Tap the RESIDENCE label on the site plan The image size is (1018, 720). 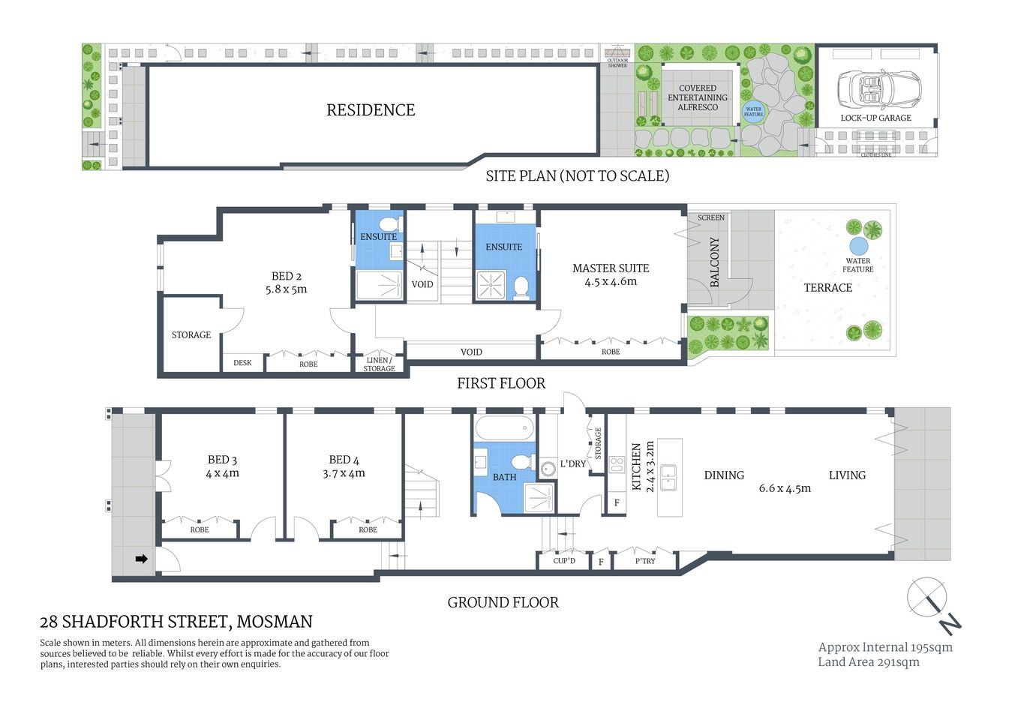click(371, 110)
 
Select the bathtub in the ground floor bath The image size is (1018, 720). click(504, 428)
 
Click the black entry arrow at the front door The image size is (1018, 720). click(140, 559)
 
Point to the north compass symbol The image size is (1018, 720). click(932, 603)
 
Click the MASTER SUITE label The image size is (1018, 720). click(611, 268)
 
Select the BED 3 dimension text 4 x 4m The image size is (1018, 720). click(223, 473)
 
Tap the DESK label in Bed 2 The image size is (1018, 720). click(242, 363)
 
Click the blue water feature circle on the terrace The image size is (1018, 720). click(858, 246)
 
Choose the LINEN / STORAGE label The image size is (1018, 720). click(379, 364)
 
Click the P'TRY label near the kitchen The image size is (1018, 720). click(645, 561)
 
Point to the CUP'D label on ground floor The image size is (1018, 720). click(564, 561)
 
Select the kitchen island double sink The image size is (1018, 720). click(668, 477)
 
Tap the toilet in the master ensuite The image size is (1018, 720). click(520, 286)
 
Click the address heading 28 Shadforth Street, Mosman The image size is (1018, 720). click(176, 622)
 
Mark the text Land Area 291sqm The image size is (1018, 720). click(868, 661)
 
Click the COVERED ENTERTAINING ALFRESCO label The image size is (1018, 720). click(698, 97)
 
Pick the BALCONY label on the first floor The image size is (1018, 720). click(714, 262)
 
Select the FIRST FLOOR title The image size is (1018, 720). click(501, 383)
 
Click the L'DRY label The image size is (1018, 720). click(572, 464)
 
